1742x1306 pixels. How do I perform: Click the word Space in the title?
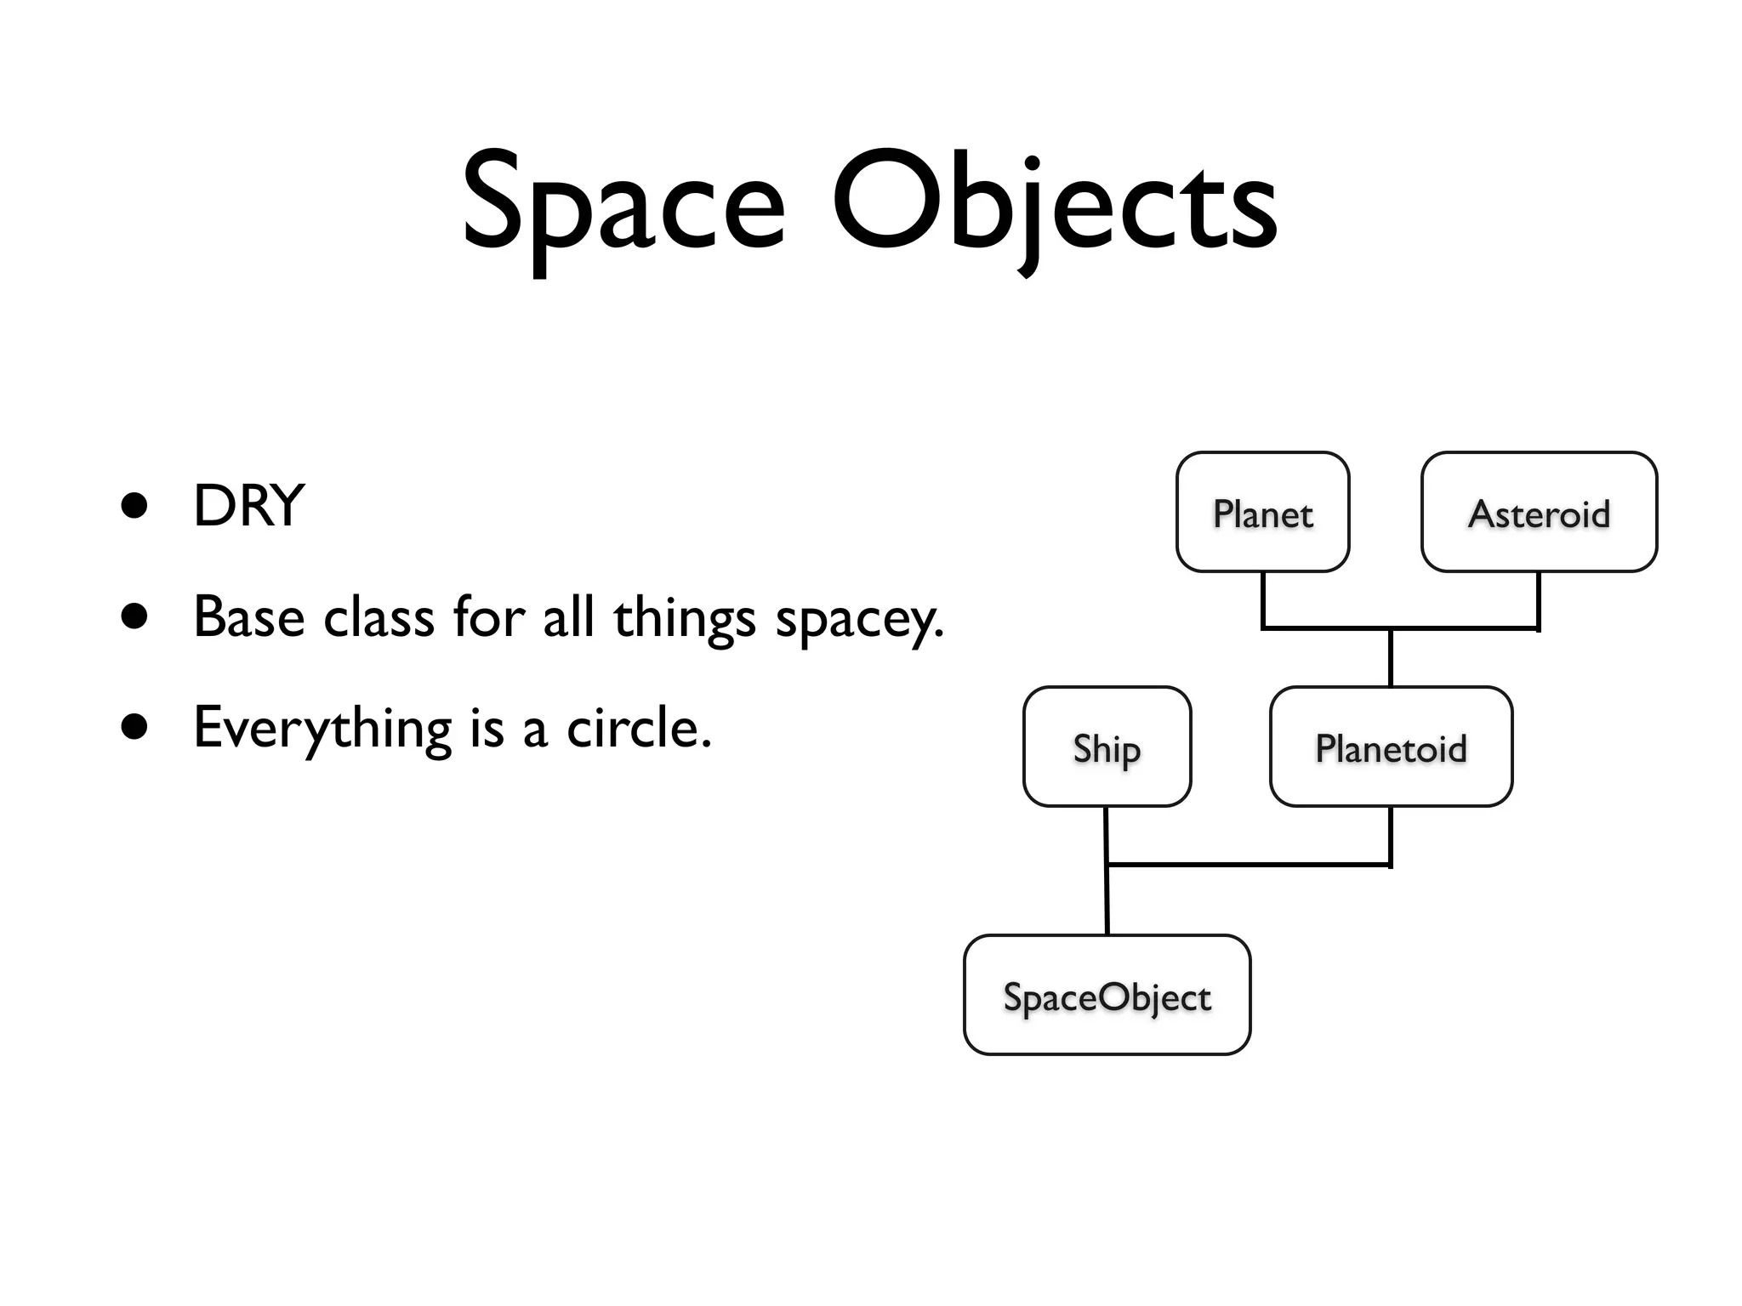623,204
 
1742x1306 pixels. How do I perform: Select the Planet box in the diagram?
1262,513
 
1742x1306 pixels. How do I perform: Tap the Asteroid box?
1539,513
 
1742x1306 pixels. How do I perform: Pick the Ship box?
1107,747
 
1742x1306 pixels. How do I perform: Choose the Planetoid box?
1391,747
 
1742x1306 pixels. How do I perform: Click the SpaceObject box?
1107,996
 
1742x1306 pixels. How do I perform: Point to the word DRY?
248,506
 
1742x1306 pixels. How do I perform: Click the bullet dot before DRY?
134,506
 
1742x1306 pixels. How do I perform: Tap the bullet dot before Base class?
134,616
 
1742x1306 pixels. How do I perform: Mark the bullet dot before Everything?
134,728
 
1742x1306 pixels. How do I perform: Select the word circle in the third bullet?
638,729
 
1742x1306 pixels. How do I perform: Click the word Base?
248,616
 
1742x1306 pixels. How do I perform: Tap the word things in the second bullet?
684,619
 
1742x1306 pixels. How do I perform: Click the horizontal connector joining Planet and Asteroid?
1327,628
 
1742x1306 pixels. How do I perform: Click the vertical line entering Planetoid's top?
1391,659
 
